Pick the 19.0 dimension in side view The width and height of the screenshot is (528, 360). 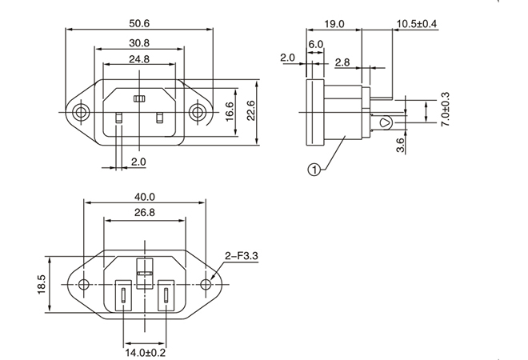[334, 24]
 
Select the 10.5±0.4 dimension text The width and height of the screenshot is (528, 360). [417, 24]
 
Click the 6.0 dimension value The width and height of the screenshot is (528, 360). [314, 44]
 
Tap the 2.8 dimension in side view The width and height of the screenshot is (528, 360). [342, 62]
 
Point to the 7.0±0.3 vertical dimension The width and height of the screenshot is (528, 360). [446, 110]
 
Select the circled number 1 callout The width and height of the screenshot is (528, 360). [314, 170]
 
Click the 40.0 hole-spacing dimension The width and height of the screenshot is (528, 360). [145, 196]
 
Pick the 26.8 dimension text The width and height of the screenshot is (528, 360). [145, 214]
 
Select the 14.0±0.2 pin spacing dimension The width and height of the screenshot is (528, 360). [145, 350]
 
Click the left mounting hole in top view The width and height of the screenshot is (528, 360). [79, 113]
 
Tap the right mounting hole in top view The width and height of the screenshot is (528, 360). [198, 113]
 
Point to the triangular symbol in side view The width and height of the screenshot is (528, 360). [385, 123]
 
